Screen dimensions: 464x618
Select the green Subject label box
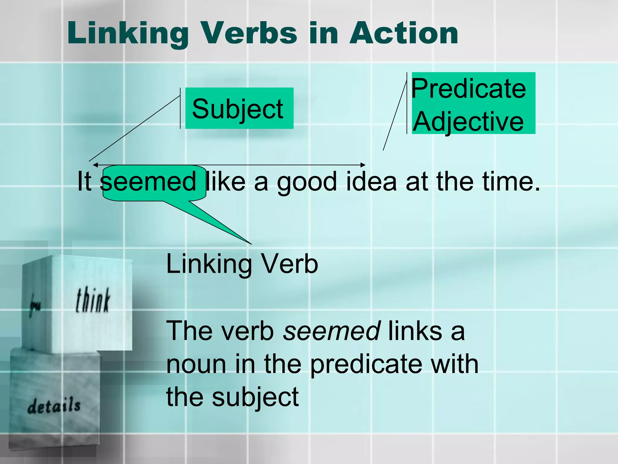[239, 108]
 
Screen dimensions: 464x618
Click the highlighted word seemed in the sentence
[148, 182]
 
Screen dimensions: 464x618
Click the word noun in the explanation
[196, 364]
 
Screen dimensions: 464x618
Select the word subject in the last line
[255, 398]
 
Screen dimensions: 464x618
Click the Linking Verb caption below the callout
[242, 264]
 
